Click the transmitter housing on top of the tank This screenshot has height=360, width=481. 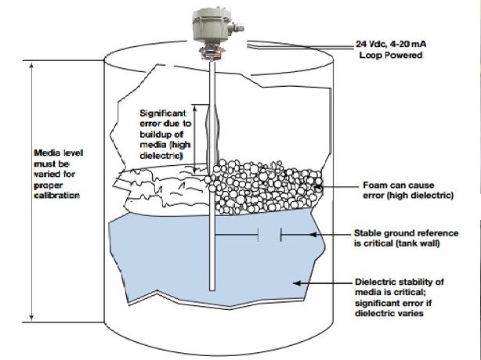(x=212, y=25)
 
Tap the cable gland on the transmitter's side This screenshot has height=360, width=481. (x=237, y=27)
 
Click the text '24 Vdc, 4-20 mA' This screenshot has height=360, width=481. (x=391, y=44)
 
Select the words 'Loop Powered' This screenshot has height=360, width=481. (x=391, y=55)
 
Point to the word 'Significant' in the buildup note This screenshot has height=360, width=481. (x=163, y=113)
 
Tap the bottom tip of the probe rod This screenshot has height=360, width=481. (x=212, y=290)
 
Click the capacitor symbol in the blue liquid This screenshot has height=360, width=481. (x=269, y=235)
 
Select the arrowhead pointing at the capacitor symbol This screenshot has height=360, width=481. (x=313, y=235)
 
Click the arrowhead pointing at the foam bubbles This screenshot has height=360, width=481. (x=319, y=185)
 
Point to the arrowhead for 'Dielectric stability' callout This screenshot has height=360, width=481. (x=297, y=283)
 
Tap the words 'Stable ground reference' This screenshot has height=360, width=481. (x=406, y=233)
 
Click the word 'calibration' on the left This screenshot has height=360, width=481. (x=56, y=196)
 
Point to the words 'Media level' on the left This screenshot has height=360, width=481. (x=58, y=153)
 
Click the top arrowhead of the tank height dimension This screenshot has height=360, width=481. (x=31, y=65)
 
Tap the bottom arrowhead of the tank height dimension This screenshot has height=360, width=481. (x=31, y=317)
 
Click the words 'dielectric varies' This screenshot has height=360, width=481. (x=389, y=313)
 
